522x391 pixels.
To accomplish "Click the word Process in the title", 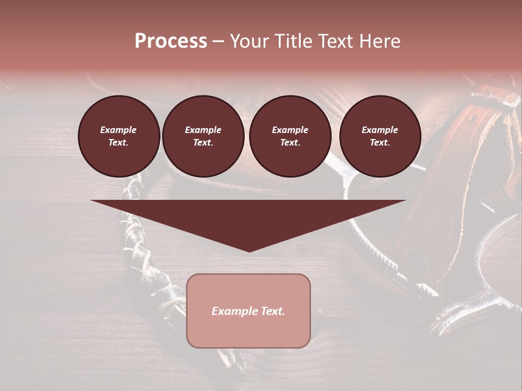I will tap(171, 41).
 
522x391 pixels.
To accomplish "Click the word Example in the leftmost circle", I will tap(118, 130).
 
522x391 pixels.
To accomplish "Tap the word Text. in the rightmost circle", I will tap(380, 142).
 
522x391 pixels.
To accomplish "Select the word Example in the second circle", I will tap(203, 130).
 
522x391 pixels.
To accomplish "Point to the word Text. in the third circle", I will tap(290, 142).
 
